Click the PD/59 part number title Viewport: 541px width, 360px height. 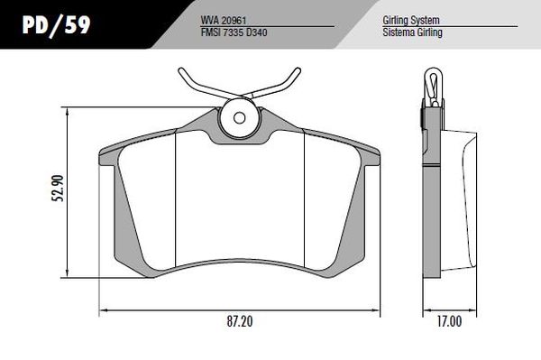(x=56, y=25)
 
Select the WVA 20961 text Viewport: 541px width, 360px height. (x=224, y=21)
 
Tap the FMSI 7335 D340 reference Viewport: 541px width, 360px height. (x=234, y=32)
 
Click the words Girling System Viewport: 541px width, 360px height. (x=411, y=21)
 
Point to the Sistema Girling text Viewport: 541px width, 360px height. (x=412, y=32)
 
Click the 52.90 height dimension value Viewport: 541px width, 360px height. (x=58, y=188)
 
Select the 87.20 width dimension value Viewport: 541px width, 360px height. (x=240, y=321)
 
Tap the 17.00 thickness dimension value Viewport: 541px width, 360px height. (x=449, y=321)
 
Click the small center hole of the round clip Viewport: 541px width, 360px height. (x=239, y=117)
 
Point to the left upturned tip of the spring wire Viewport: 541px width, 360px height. (x=181, y=70)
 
